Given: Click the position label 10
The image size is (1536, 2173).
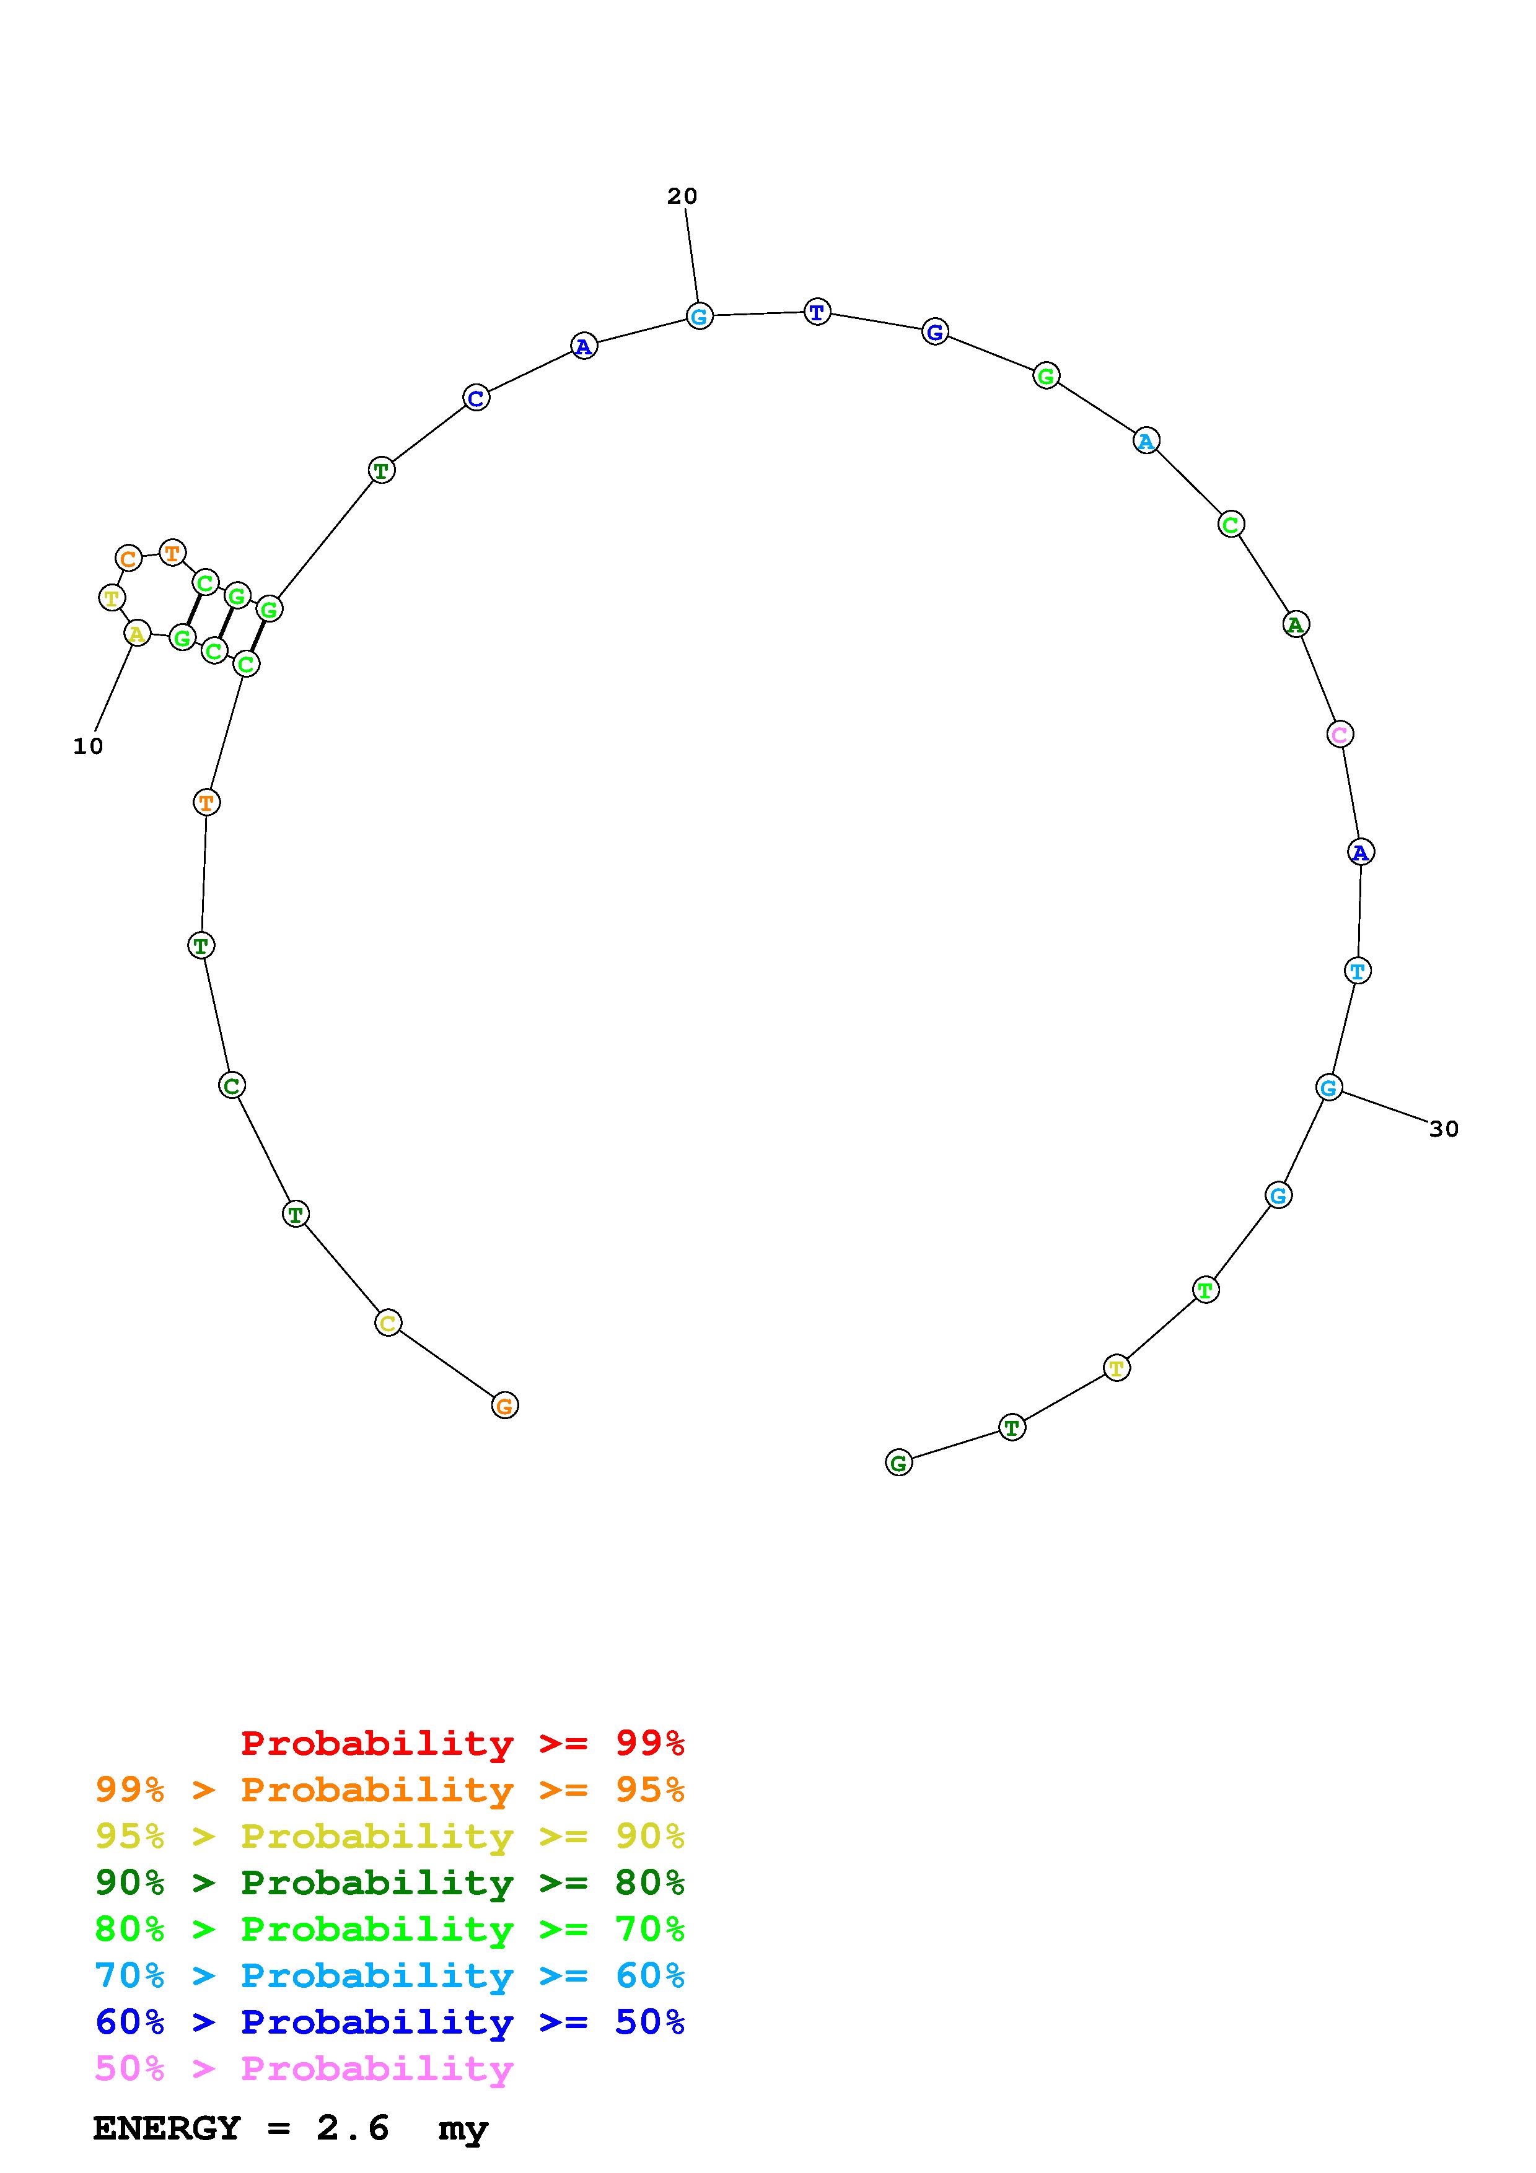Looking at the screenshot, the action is pos(88,746).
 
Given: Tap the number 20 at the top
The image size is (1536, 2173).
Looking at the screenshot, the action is pos(682,196).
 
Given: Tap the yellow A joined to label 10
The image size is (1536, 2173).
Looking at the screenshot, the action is pos(137,633).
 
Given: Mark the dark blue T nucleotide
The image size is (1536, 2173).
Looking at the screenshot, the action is pos(817,312).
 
